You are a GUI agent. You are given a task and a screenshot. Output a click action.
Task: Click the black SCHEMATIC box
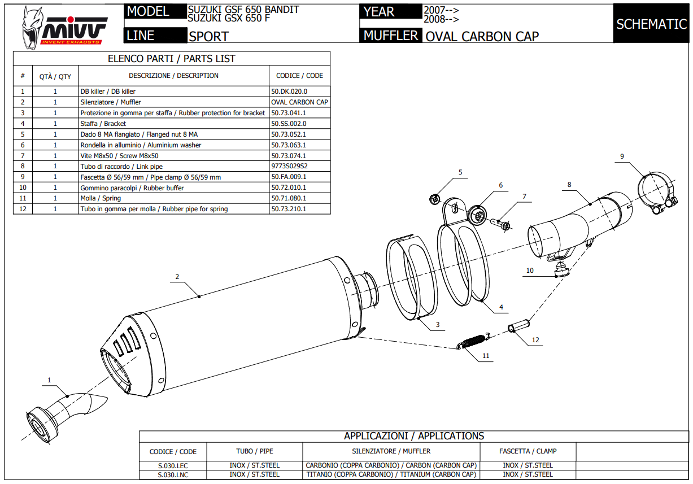click(651, 24)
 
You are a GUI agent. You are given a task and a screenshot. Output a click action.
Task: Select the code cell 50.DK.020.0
click(289, 91)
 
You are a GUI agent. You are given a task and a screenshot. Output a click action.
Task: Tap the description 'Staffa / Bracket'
click(103, 124)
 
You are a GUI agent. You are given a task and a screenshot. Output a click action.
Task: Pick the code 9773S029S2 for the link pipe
click(289, 167)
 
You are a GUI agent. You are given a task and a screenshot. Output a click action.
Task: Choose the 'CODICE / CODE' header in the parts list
click(299, 76)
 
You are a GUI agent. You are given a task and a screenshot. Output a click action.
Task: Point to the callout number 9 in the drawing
click(621, 156)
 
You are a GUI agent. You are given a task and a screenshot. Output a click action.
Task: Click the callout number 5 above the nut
click(460, 172)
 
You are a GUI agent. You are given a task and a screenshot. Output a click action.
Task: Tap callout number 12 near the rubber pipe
click(535, 340)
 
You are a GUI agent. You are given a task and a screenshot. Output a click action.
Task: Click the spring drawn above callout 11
click(473, 341)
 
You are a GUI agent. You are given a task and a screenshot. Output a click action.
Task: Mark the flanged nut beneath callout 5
click(435, 198)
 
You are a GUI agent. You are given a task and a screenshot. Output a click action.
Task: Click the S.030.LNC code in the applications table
click(173, 474)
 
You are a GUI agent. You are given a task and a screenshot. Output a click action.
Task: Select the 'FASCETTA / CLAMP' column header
click(528, 451)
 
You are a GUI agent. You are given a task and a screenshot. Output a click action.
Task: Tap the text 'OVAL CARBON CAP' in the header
click(482, 37)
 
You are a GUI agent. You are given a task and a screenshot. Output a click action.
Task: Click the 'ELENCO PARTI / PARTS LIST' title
click(172, 59)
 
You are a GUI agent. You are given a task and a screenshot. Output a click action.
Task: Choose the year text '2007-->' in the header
click(441, 10)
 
